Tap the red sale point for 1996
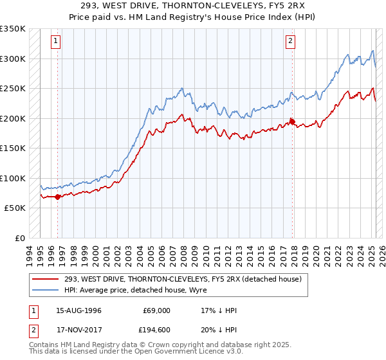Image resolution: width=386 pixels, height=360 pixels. pos(58,197)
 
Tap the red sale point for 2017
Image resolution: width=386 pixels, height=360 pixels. pos(292,121)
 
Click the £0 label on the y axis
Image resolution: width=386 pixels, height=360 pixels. pos(19,238)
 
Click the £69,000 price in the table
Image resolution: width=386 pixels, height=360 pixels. pos(156,310)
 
